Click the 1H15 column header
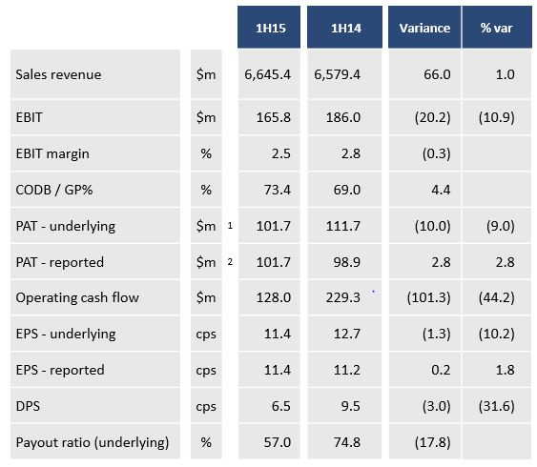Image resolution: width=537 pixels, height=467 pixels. click(x=271, y=28)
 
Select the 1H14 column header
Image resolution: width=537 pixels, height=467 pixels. click(x=346, y=28)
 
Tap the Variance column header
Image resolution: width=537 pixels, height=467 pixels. click(x=424, y=28)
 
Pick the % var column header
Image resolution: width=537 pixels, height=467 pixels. click(x=496, y=28)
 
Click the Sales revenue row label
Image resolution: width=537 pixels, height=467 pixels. click(x=58, y=74)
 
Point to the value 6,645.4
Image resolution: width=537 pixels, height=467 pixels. click(x=267, y=74)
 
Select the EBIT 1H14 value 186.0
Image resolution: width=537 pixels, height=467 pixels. click(x=343, y=117)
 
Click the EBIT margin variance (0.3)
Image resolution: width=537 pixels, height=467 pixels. click(x=436, y=153)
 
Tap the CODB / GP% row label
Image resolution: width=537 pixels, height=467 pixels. click(x=54, y=190)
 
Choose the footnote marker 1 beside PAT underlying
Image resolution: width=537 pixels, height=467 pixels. click(x=230, y=226)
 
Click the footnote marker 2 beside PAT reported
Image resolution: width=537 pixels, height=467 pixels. click(x=230, y=262)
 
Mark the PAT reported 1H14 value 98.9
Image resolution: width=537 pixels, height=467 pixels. click(x=347, y=262)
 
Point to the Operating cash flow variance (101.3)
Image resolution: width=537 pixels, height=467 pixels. click(x=428, y=297)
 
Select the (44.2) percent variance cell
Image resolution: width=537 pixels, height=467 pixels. click(x=497, y=297)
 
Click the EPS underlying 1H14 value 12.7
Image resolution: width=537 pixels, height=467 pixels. click(x=347, y=334)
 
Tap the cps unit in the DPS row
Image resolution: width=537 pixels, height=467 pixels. click(x=206, y=407)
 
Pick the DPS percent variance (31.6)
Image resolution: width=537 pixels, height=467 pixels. click(x=497, y=406)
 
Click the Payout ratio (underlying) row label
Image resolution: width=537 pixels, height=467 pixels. click(x=93, y=443)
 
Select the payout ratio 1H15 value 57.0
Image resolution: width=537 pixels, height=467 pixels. click(x=277, y=442)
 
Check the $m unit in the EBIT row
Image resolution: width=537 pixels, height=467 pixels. click(x=206, y=117)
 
